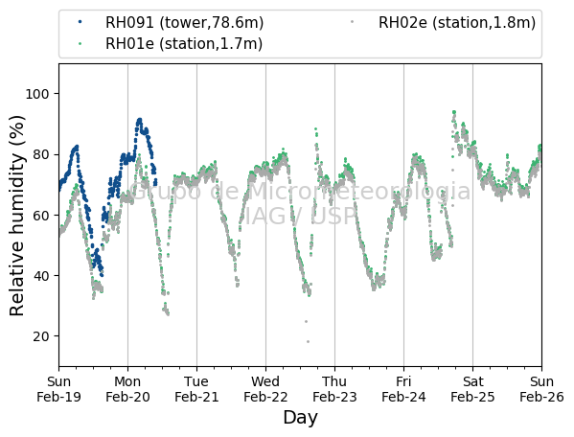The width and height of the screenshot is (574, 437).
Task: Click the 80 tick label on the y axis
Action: pos(40,155)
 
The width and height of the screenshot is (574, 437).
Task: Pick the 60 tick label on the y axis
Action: pos(40,216)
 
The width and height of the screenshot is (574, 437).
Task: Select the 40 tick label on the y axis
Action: pos(40,276)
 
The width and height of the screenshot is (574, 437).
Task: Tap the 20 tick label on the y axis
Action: pos(40,336)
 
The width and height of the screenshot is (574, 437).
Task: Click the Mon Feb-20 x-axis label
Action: pos(127,389)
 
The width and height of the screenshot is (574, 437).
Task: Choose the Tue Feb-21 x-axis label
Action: pos(196,389)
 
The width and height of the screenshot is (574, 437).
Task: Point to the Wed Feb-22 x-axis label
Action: pos(265,389)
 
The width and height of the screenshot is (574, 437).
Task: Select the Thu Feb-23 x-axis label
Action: pos(334,389)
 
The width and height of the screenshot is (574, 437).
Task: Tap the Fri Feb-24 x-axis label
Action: pos(403,389)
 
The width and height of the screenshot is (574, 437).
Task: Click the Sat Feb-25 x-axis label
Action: pos(472,389)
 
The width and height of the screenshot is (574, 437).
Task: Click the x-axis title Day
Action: pos(300,418)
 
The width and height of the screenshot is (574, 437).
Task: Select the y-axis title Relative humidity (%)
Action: pos(17,216)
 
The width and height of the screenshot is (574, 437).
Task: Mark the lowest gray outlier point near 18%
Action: pos(308,342)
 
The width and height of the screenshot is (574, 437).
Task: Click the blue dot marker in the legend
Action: pos(80,22)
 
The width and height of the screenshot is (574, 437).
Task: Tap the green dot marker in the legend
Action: pos(80,43)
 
